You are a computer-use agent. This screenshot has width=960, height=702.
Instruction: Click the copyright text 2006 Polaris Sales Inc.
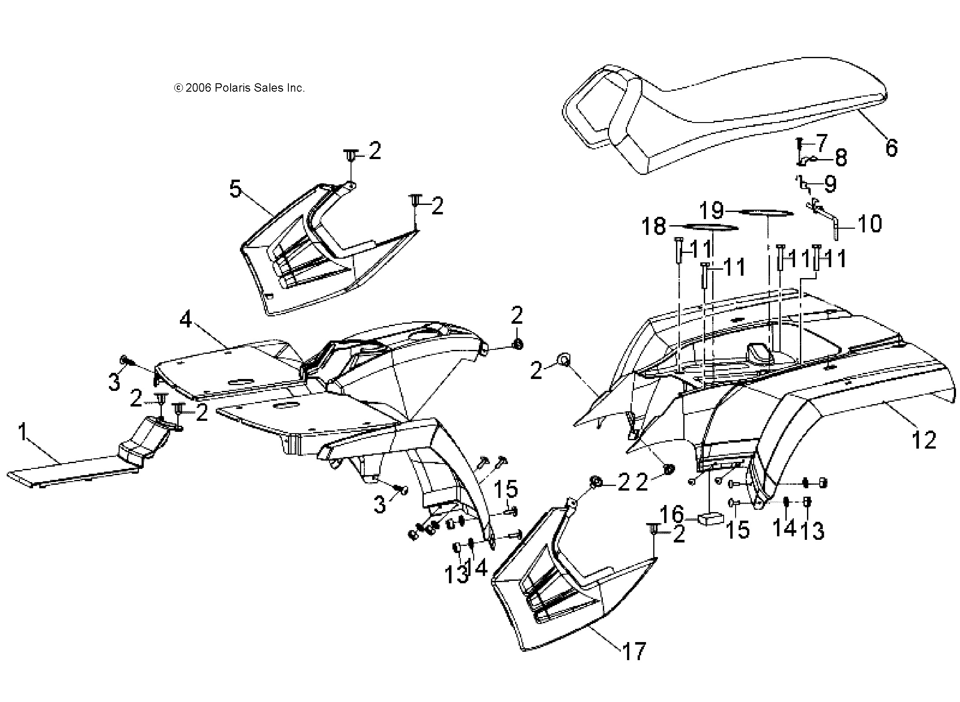[x=239, y=88]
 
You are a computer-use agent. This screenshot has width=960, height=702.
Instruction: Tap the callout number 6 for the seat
[x=891, y=148]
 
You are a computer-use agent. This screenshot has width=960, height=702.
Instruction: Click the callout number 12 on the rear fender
[x=924, y=440]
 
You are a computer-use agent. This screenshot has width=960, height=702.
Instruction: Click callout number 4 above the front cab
[x=186, y=319]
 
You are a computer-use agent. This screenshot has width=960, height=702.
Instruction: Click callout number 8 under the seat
[x=840, y=158]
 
